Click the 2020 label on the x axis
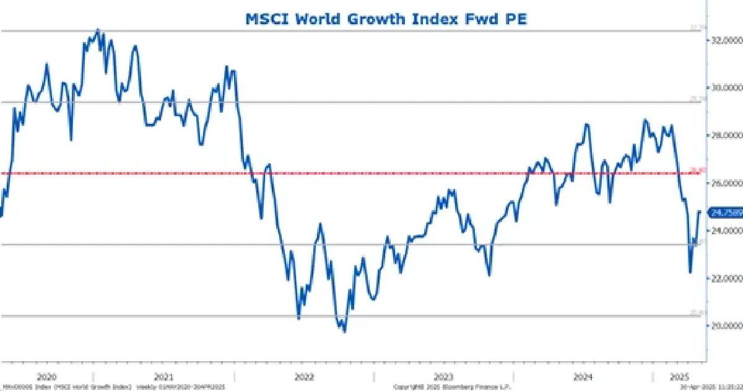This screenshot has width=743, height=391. pyautogui.click(x=47, y=376)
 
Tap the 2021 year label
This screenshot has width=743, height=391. pyautogui.click(x=163, y=376)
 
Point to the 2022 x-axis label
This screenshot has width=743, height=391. pyautogui.click(x=304, y=376)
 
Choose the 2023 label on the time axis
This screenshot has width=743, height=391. pyautogui.click(x=443, y=376)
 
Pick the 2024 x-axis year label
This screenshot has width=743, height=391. pyautogui.click(x=583, y=376)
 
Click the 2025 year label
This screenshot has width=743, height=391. pyautogui.click(x=679, y=376)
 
